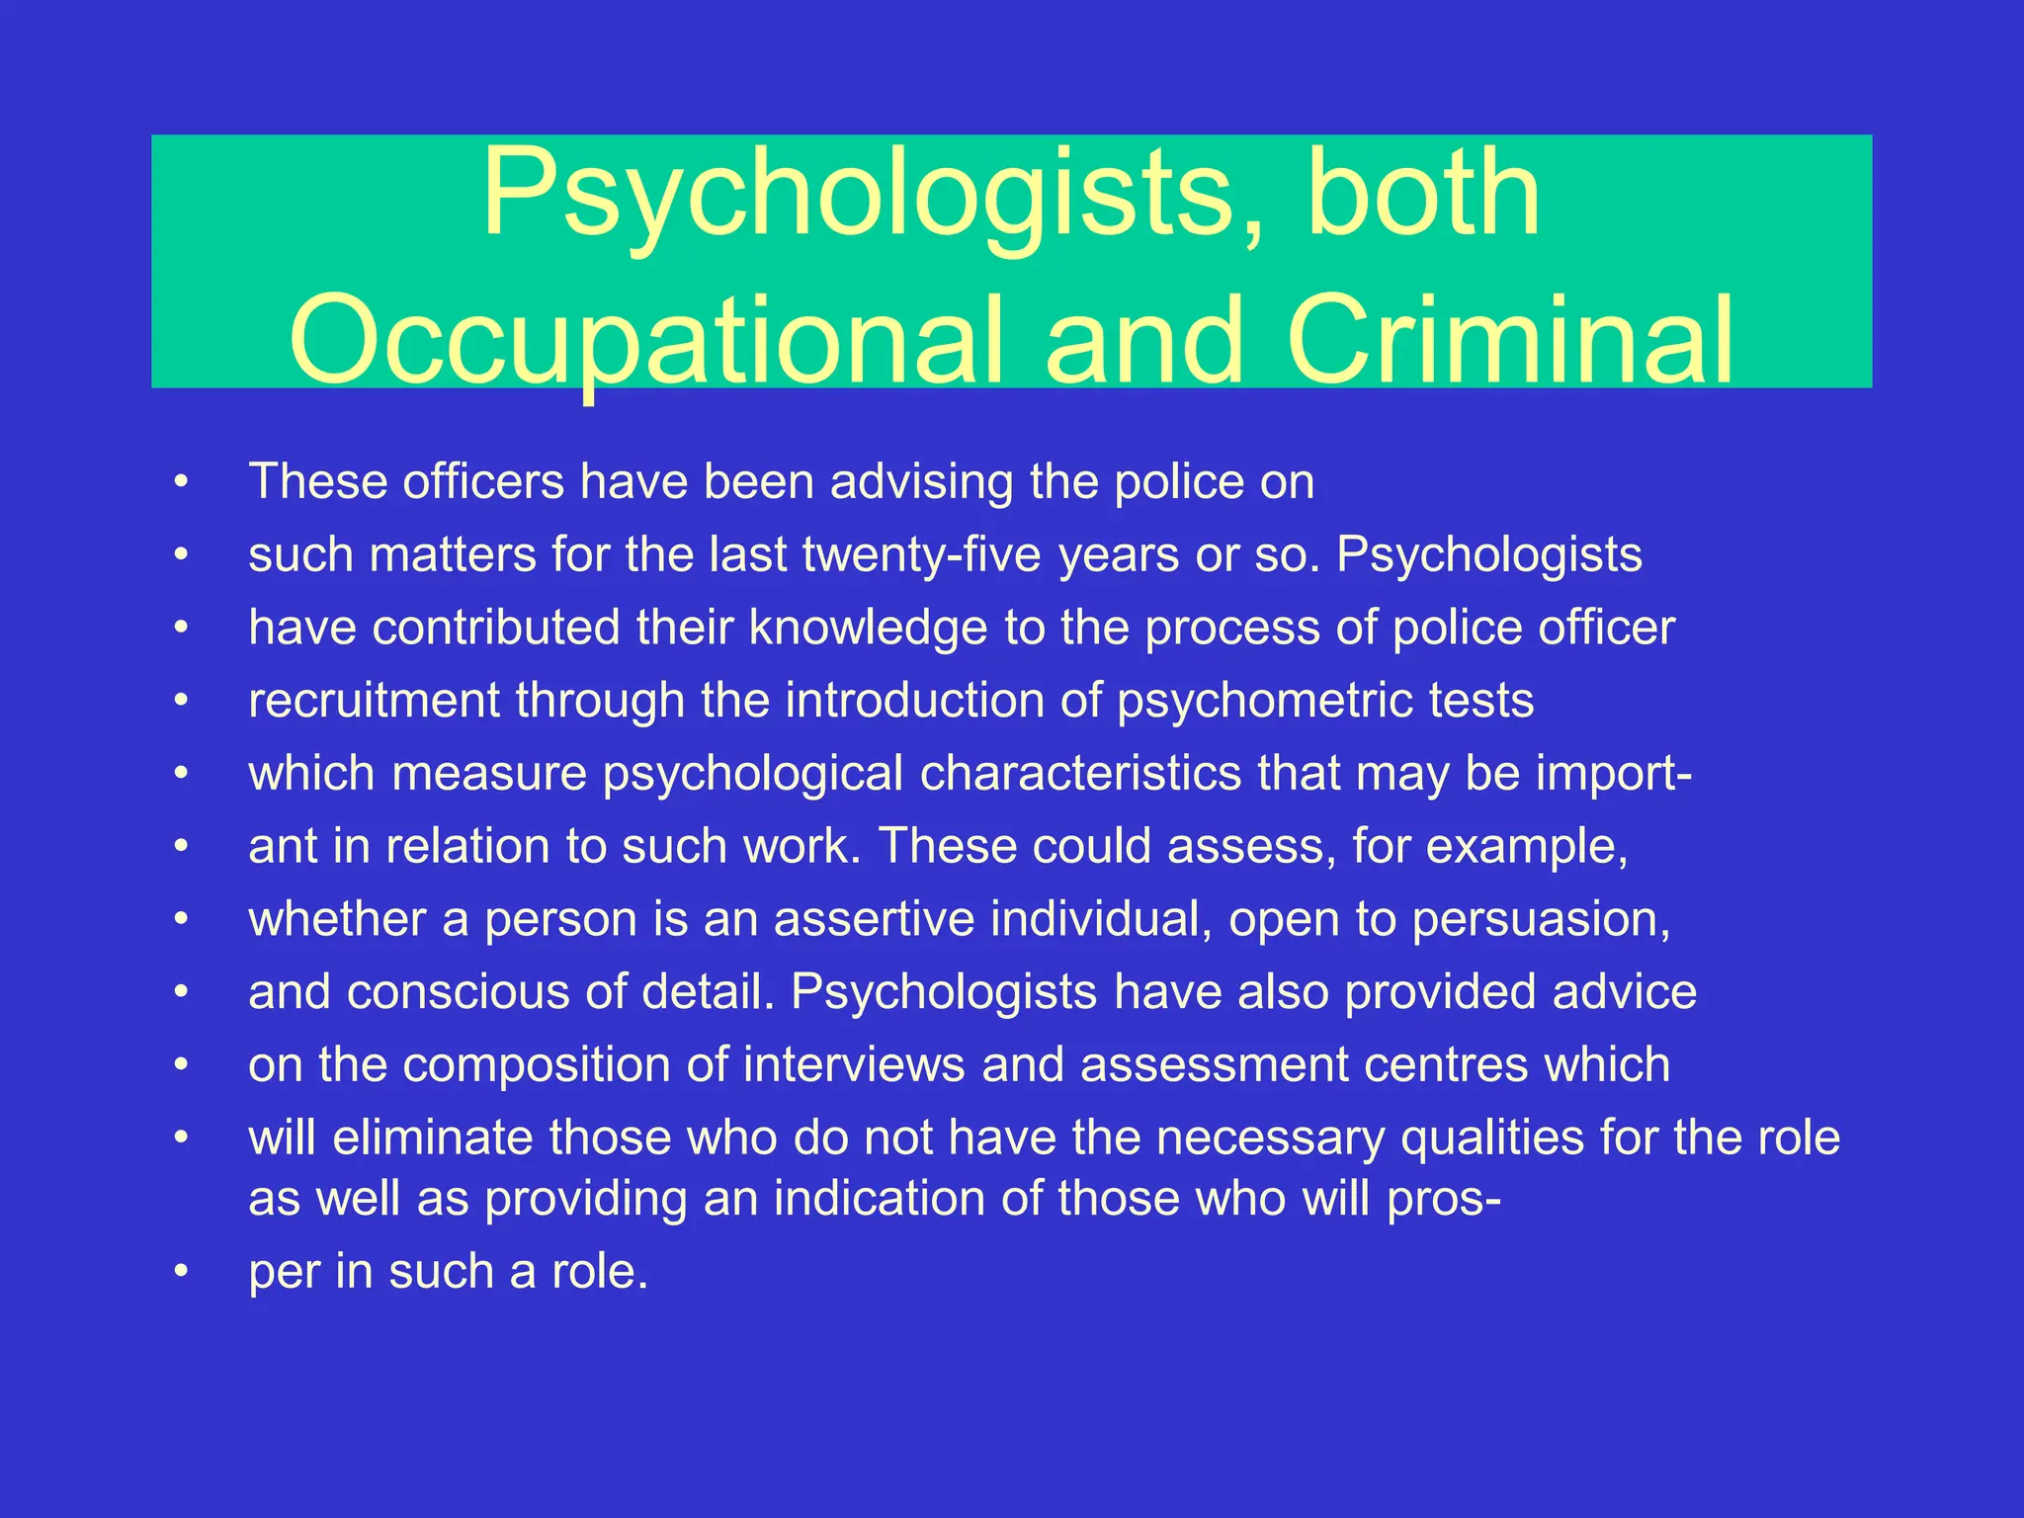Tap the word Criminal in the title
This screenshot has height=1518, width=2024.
coord(1510,341)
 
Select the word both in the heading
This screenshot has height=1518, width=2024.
coord(1423,193)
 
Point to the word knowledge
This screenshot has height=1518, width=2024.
coord(868,628)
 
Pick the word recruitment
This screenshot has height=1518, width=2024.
coord(374,701)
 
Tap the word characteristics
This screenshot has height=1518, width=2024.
coord(1080,774)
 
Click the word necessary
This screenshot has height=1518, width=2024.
coord(1270,1138)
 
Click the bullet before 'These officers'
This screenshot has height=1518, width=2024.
coord(180,482)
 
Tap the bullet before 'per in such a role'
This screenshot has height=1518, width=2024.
coord(180,1272)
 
